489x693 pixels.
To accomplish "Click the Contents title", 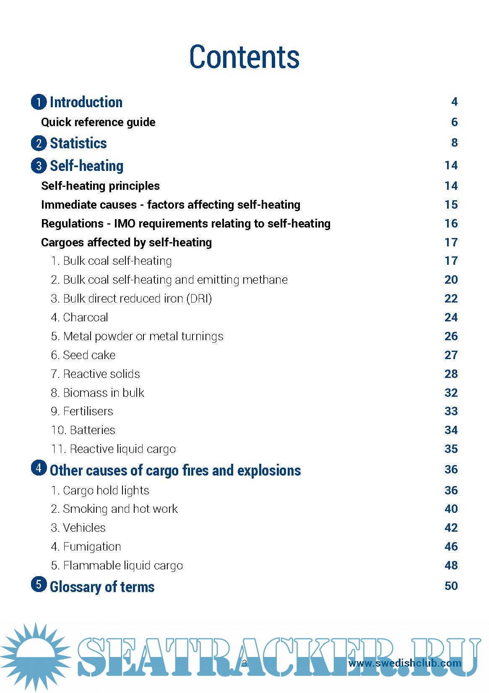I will coord(244,57).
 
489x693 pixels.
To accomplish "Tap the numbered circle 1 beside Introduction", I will coord(39,102).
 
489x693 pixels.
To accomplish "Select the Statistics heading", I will coord(78,143).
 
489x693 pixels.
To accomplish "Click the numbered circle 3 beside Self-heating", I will coord(39,165).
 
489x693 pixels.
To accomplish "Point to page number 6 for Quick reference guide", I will coord(454,122).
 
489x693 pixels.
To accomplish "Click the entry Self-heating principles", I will coord(100,186).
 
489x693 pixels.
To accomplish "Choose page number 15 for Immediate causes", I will coord(451,204).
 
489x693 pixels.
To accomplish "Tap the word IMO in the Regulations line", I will coord(125,223).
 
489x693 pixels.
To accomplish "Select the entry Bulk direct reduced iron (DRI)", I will coord(131,298).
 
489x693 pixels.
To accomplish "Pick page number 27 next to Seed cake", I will coord(451,355).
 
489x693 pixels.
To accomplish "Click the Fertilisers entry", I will coord(82,411).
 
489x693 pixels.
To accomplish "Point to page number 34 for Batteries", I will coord(451,430).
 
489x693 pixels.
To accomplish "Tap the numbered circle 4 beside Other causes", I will coord(39,468).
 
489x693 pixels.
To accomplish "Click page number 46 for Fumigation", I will coord(451,546).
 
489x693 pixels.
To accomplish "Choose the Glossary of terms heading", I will coord(102,587).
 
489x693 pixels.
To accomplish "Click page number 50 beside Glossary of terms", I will coord(451,586).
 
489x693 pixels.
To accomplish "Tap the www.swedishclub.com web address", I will coord(405,663).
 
